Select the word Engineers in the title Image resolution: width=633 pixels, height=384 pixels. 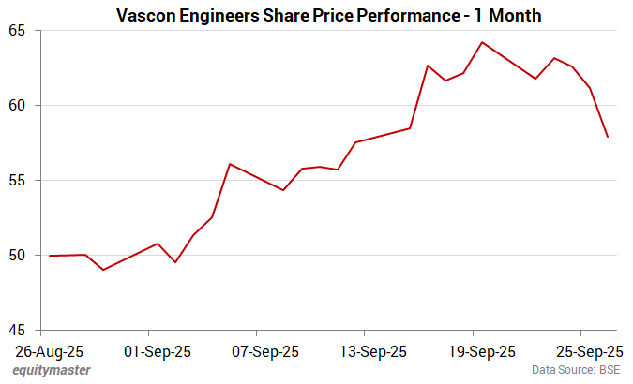[x=222, y=15]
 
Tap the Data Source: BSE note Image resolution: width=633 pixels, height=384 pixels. [x=576, y=371]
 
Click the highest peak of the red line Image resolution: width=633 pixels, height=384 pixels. [x=482, y=42]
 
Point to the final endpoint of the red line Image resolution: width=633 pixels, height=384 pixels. [x=608, y=138]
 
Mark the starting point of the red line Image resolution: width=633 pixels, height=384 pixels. [x=50, y=256]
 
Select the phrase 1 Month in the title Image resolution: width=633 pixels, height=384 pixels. [x=508, y=15]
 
